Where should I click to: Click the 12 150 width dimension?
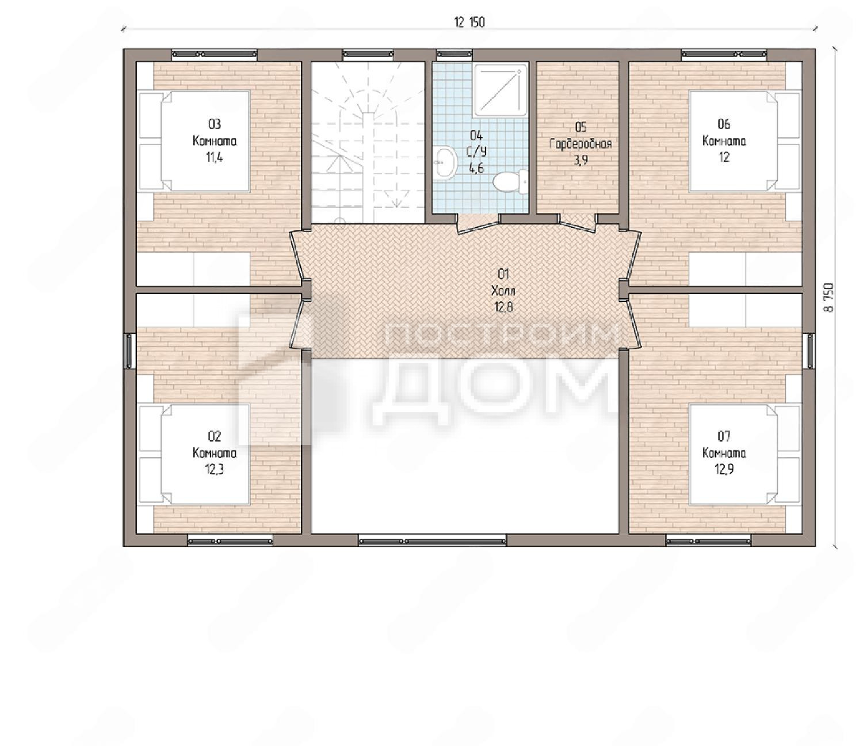pyautogui.click(x=469, y=22)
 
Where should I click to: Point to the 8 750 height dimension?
pyautogui.click(x=828, y=298)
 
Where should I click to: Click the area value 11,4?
pyautogui.click(x=214, y=158)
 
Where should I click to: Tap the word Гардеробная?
pyautogui.click(x=581, y=144)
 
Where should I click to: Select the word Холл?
pyautogui.click(x=503, y=290)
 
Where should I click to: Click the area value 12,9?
pyautogui.click(x=724, y=469)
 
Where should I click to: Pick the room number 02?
pyautogui.click(x=214, y=436)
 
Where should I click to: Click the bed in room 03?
pyautogui.click(x=194, y=141)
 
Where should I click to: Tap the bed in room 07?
pyautogui.click(x=744, y=454)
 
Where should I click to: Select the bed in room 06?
pyautogui.click(x=744, y=141)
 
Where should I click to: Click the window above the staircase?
pyautogui.click(x=368, y=54)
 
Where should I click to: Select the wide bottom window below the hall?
pyautogui.click(x=433, y=541)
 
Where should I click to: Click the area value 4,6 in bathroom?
pyautogui.click(x=476, y=168)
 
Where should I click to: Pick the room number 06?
pyautogui.click(x=724, y=124)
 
